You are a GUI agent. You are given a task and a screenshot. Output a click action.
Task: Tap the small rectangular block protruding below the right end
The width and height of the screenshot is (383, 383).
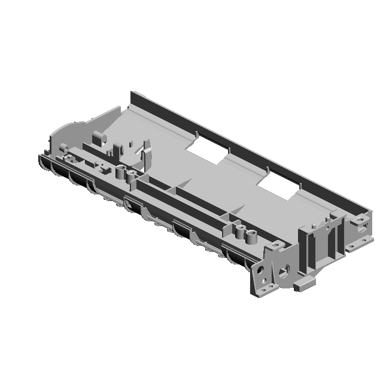click(x=303, y=284)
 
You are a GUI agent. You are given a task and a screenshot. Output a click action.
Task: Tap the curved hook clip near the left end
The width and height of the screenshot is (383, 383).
click(x=144, y=153)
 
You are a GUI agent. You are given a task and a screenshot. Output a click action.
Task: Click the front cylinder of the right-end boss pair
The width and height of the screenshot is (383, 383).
click(x=251, y=237)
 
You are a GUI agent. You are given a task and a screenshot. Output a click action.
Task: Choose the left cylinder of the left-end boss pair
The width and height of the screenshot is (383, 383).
click(x=120, y=172)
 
